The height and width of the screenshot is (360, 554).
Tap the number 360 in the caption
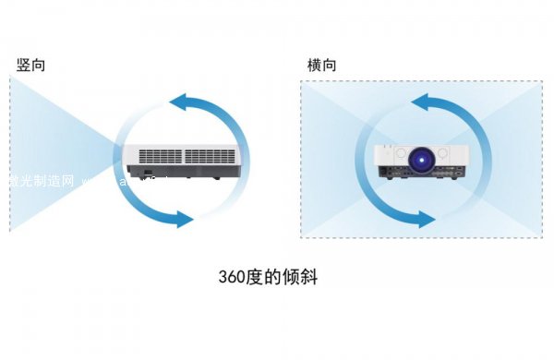point(231,277)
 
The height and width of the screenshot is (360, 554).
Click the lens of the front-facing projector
point(423,160)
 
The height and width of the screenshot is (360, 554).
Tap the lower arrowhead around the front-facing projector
point(424,220)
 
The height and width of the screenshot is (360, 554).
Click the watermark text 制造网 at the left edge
point(37,181)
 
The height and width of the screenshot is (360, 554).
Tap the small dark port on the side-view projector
point(147,173)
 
